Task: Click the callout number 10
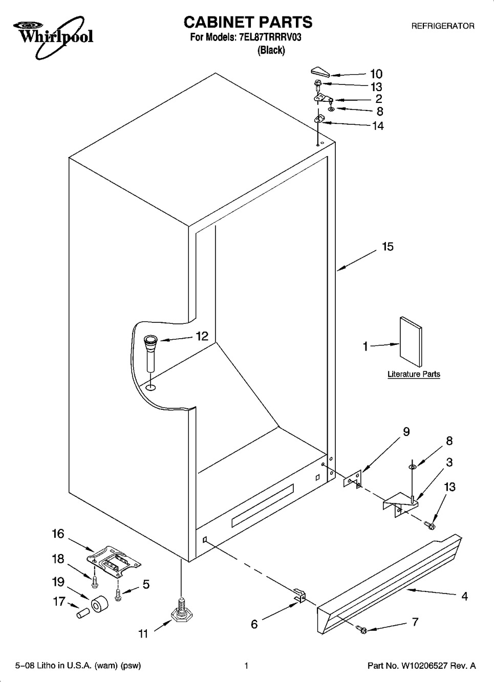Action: click(x=376, y=74)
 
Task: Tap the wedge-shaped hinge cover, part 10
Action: click(x=320, y=73)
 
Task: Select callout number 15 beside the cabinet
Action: click(x=388, y=246)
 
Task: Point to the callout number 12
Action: click(x=202, y=336)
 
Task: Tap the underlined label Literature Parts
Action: click(x=414, y=374)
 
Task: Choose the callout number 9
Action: click(x=406, y=432)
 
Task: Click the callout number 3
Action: click(x=449, y=462)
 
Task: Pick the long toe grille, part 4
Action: click(x=389, y=584)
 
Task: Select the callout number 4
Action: click(x=464, y=596)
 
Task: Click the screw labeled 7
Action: click(x=362, y=629)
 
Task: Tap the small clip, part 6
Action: click(x=300, y=595)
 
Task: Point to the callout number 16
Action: click(x=58, y=534)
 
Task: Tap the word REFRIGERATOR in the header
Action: click(x=443, y=26)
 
